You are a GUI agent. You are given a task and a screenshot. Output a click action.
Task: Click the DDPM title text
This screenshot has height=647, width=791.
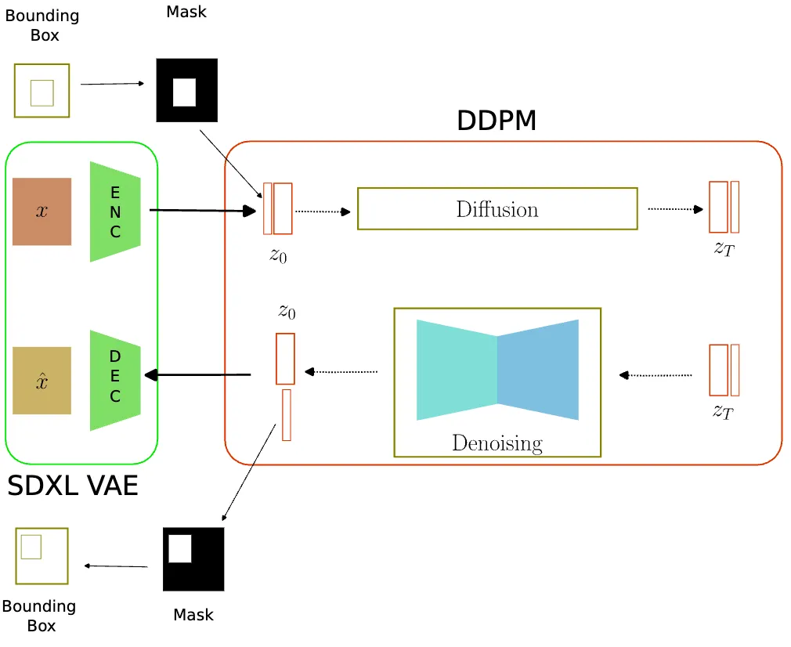pos(497,121)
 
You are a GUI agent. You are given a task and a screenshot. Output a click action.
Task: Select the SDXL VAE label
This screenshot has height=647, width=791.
pos(73,486)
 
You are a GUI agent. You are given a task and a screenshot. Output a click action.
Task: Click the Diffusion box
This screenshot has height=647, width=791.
pos(497,209)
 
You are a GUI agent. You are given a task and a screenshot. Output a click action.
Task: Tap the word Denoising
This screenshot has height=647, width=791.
pos(497,443)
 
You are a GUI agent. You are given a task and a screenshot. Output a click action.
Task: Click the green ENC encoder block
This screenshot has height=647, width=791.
pos(115,211)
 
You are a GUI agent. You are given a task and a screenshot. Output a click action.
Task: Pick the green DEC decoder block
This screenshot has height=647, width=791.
pos(115,380)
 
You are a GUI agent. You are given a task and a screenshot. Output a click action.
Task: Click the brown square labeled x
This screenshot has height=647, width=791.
pos(42,211)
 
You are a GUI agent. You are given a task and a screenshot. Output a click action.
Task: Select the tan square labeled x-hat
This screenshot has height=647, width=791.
pos(42,381)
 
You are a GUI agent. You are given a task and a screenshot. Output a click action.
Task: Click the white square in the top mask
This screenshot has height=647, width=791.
pos(184,92)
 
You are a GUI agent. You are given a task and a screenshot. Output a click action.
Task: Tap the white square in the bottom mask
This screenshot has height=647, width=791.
pos(180,548)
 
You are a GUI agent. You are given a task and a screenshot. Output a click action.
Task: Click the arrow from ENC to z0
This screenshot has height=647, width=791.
pos(202,210)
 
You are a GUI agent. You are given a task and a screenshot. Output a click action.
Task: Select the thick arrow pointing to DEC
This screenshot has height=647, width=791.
pos(197,375)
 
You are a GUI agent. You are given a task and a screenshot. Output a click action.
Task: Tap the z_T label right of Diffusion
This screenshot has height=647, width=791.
pos(724,250)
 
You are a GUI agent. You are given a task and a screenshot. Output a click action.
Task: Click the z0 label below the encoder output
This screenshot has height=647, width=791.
pos(278,255)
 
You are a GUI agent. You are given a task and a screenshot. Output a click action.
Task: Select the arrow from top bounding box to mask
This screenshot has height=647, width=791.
pos(112,84)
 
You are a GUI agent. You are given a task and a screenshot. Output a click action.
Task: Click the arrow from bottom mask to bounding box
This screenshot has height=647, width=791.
pos(116,566)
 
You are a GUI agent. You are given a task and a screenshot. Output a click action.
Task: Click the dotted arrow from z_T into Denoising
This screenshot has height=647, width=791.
pos(656,375)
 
